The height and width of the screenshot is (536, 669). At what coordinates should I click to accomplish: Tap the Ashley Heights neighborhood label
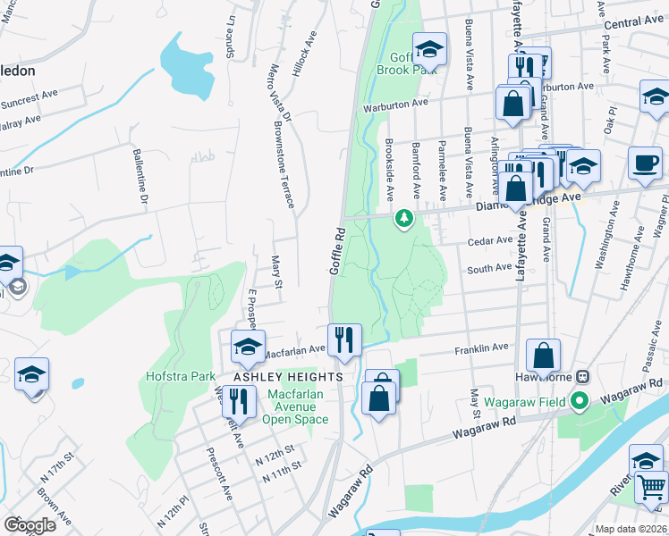coord(288,378)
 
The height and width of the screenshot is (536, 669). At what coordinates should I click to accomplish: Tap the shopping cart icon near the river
coord(651,488)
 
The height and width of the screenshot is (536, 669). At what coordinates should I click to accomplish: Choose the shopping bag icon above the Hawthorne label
coord(543,356)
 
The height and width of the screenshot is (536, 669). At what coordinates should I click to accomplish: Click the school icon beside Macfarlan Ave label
coord(248,347)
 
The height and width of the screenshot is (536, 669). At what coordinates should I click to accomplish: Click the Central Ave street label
coord(633,21)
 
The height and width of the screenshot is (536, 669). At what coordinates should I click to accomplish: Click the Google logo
coord(30,525)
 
